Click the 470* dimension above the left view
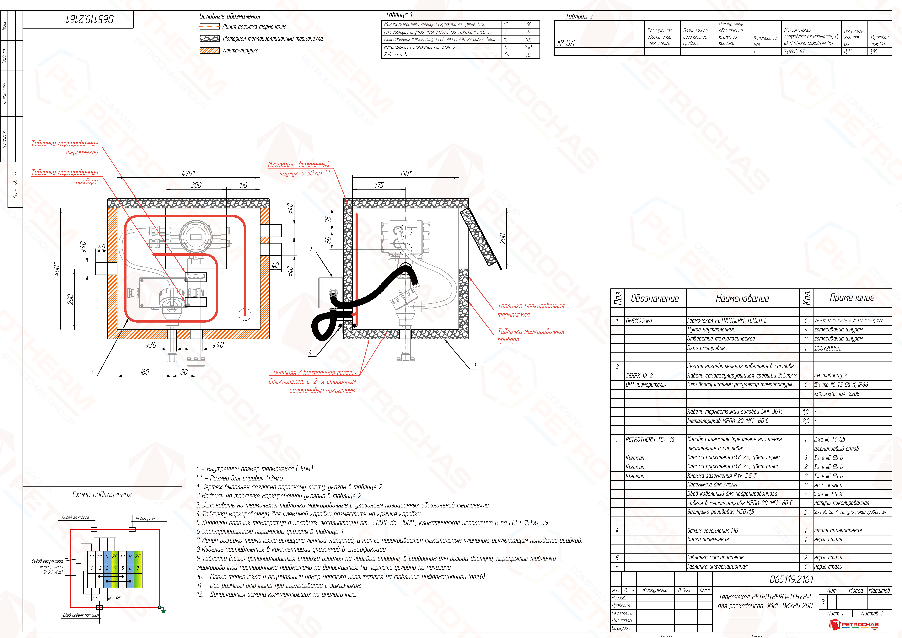click(x=188, y=173)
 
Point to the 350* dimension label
click(x=405, y=173)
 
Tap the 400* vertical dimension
click(x=57, y=269)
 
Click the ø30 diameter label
click(x=151, y=345)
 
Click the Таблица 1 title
click(x=399, y=15)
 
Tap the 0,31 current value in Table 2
click(x=848, y=51)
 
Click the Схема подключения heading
click(x=102, y=494)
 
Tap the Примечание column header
click(x=852, y=298)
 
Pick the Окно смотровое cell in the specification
click(x=706, y=348)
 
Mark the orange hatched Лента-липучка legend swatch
click(x=209, y=50)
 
